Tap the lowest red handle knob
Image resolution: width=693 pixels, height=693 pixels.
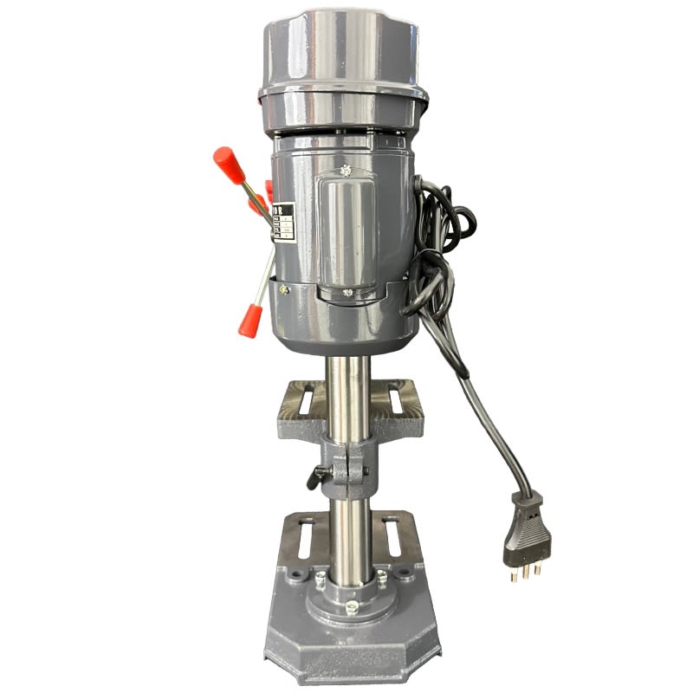click(x=249, y=319)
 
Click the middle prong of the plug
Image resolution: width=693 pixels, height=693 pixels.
click(x=522, y=571)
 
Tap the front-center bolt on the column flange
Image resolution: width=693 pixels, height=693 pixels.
click(x=352, y=607)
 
